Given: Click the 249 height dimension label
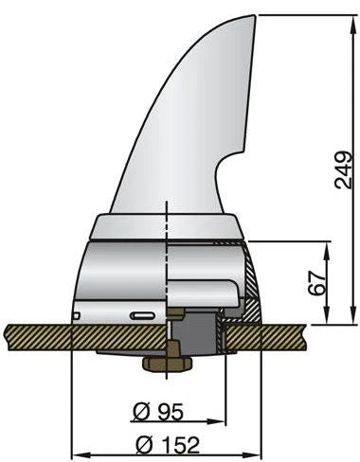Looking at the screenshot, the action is [344, 170].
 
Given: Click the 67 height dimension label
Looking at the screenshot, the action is [316, 282].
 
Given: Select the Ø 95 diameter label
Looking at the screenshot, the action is [158, 412].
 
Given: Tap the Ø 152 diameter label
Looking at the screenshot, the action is [168, 445].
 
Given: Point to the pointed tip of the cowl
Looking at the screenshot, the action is [254, 15].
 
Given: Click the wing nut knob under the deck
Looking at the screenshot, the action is [168, 364].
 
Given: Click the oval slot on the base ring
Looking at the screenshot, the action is [143, 315].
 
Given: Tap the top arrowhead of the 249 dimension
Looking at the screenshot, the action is [352, 21].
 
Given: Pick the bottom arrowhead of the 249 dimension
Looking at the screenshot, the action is [352, 317].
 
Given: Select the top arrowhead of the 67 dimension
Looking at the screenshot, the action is [328, 248].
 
